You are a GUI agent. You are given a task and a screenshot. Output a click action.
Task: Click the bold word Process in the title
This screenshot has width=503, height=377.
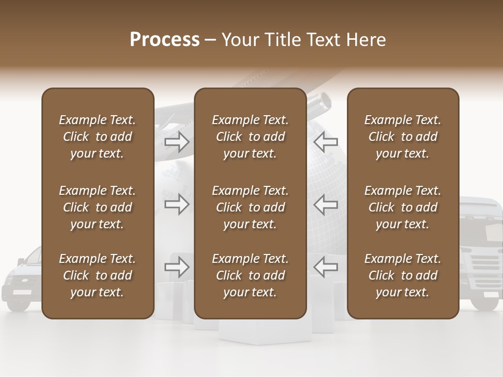(165, 40)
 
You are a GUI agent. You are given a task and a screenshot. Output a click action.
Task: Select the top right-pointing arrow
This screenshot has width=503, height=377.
(177, 141)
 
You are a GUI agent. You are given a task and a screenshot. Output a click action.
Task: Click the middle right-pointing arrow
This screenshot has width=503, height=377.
(177, 204)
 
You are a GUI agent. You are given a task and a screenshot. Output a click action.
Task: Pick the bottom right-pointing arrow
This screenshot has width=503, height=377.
(177, 267)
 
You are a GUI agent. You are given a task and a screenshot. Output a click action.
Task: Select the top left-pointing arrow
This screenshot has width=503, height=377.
(325, 141)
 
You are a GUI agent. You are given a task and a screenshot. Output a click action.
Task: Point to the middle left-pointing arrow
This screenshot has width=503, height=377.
(325, 204)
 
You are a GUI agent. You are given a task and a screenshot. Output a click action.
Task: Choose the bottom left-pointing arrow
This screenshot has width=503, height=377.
(325, 267)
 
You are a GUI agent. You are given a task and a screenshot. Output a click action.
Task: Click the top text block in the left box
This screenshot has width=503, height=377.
(97, 137)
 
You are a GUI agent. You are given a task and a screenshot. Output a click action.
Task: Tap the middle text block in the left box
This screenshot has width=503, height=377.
(97, 207)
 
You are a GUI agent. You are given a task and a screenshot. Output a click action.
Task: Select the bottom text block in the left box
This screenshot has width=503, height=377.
(97, 275)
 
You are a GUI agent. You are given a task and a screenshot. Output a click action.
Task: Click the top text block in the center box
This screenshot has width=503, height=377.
(250, 137)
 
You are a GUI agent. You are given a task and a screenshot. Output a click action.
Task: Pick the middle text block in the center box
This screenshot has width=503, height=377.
(250, 207)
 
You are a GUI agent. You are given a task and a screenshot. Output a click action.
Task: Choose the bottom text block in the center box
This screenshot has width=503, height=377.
(250, 275)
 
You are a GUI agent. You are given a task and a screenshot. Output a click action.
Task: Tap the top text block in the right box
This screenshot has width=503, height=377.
(403, 137)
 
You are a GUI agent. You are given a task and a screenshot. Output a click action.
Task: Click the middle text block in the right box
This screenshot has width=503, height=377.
(403, 207)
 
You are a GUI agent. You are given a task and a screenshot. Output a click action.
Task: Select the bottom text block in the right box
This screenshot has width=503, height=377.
(403, 275)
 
